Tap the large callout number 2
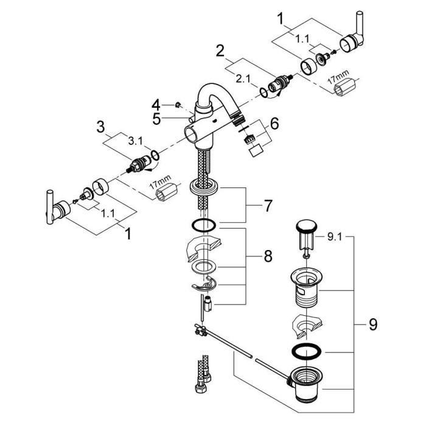221,49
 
